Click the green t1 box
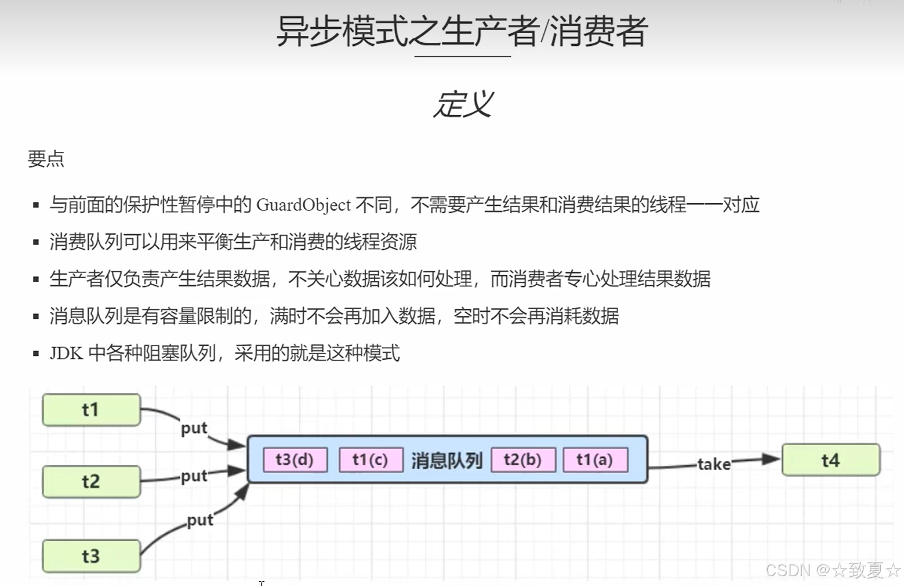(91, 410)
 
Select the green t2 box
(91, 481)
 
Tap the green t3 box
(91, 556)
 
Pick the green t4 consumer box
(830, 460)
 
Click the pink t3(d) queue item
(295, 460)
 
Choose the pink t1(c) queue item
(371, 460)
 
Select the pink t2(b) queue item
(522, 460)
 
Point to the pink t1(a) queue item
(595, 460)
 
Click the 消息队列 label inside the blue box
(447, 461)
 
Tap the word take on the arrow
(714, 464)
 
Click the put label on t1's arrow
(194, 428)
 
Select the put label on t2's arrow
(194, 476)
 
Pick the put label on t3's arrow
(200, 520)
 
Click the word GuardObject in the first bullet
(303, 205)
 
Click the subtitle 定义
(463, 105)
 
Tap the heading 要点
(46, 159)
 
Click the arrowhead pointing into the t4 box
(771, 459)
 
